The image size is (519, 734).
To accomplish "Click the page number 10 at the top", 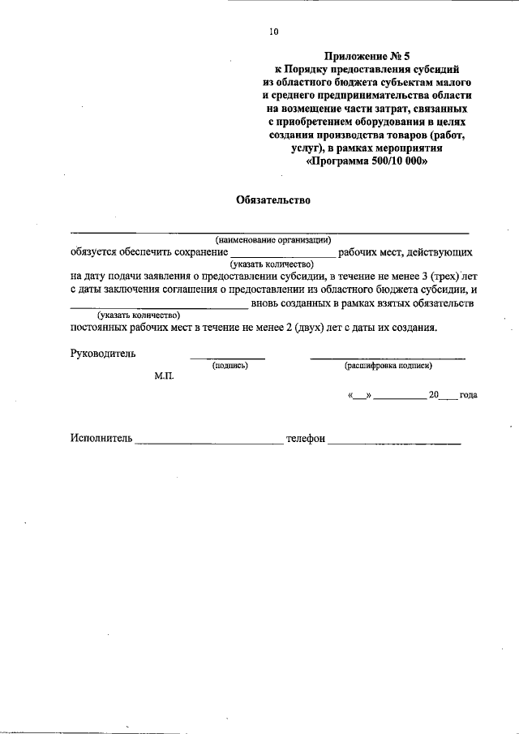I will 273,32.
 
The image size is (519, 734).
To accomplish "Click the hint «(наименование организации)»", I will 273,240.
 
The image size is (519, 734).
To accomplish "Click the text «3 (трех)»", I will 437,276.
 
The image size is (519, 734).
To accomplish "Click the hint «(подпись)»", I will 229,366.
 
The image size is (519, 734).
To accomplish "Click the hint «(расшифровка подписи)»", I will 388,366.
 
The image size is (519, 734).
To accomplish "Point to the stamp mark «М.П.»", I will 165,377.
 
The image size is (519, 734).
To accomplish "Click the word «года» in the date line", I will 468,395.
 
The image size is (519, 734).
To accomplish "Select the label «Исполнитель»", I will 100,439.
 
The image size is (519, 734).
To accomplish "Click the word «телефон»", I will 306,439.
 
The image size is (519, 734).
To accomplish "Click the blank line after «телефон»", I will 395,443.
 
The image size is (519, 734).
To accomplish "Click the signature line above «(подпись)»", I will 228,358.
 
